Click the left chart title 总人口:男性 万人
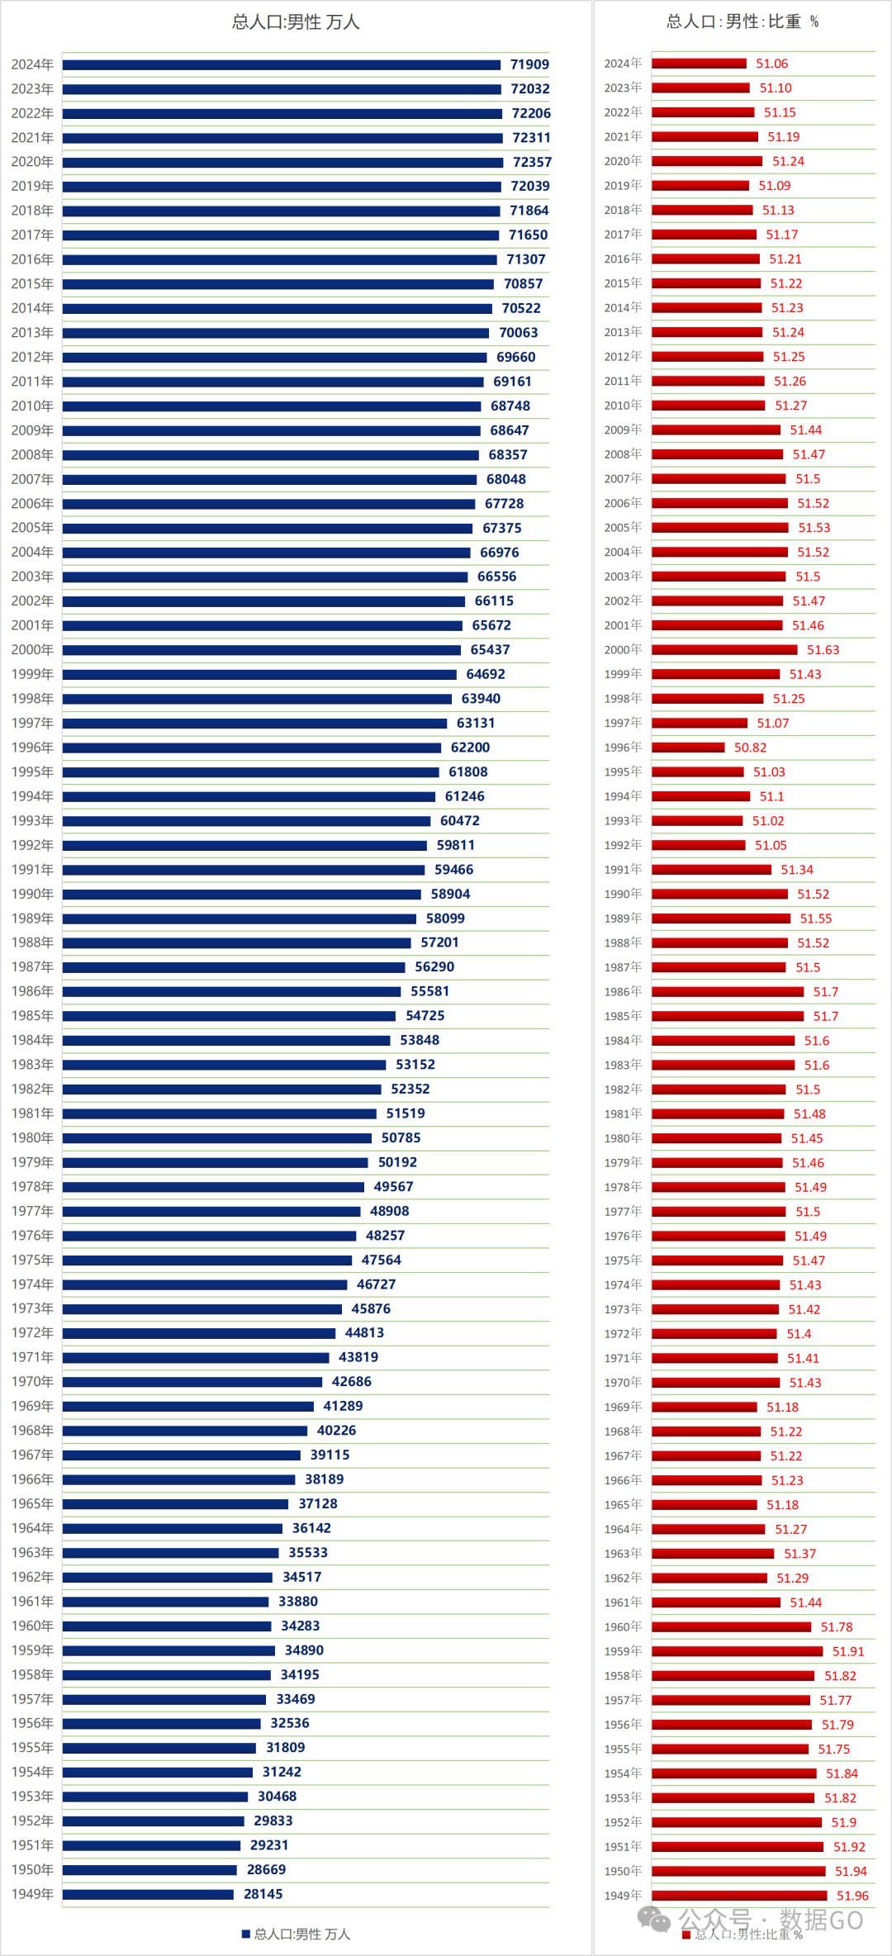point(296,22)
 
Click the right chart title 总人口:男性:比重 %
point(742,21)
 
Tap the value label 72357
point(532,163)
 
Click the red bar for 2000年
point(724,650)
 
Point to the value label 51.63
point(823,650)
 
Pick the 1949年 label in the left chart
point(32,1894)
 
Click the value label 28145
point(263,1894)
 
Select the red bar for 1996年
point(688,748)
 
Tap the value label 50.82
point(750,748)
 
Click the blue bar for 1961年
point(165,1602)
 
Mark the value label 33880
point(297,1602)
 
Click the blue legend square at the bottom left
point(245,1934)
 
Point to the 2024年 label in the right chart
point(623,64)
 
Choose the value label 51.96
point(852,1896)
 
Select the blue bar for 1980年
point(216,1138)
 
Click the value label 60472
point(459,821)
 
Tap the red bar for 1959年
point(737,1651)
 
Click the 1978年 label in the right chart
point(623,1187)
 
